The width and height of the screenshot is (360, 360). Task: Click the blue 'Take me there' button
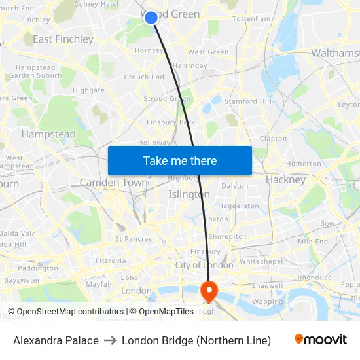pyautogui.click(x=179, y=160)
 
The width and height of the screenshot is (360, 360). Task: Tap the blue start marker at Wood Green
pyautogui.click(x=151, y=18)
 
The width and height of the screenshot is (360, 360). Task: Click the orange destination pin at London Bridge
pyautogui.click(x=209, y=291)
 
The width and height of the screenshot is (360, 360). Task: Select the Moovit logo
pyautogui.click(x=320, y=340)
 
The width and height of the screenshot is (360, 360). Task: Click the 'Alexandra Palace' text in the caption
pyautogui.click(x=56, y=340)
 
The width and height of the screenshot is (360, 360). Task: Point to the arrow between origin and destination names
pyautogui.click(x=110, y=340)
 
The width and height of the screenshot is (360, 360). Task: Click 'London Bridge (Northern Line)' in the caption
pyautogui.click(x=196, y=340)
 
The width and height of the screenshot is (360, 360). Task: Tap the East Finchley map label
pyautogui.click(x=63, y=39)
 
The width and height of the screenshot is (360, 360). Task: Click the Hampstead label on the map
pyautogui.click(x=48, y=134)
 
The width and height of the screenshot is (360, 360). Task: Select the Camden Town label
pyautogui.click(x=113, y=183)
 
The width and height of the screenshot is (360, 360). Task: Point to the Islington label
pyautogui.click(x=189, y=194)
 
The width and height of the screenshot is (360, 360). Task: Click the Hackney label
pyautogui.click(x=286, y=179)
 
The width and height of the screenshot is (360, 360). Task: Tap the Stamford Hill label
pyautogui.click(x=247, y=101)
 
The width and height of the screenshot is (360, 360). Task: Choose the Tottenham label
pyautogui.click(x=251, y=19)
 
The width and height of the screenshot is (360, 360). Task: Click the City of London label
pyautogui.click(x=204, y=265)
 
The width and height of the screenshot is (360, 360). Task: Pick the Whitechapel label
pyautogui.click(x=261, y=261)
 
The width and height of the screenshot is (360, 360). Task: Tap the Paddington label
pyautogui.click(x=38, y=268)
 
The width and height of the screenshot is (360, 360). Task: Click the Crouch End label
pyautogui.click(x=144, y=77)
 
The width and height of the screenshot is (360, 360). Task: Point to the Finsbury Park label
pyautogui.click(x=171, y=122)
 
